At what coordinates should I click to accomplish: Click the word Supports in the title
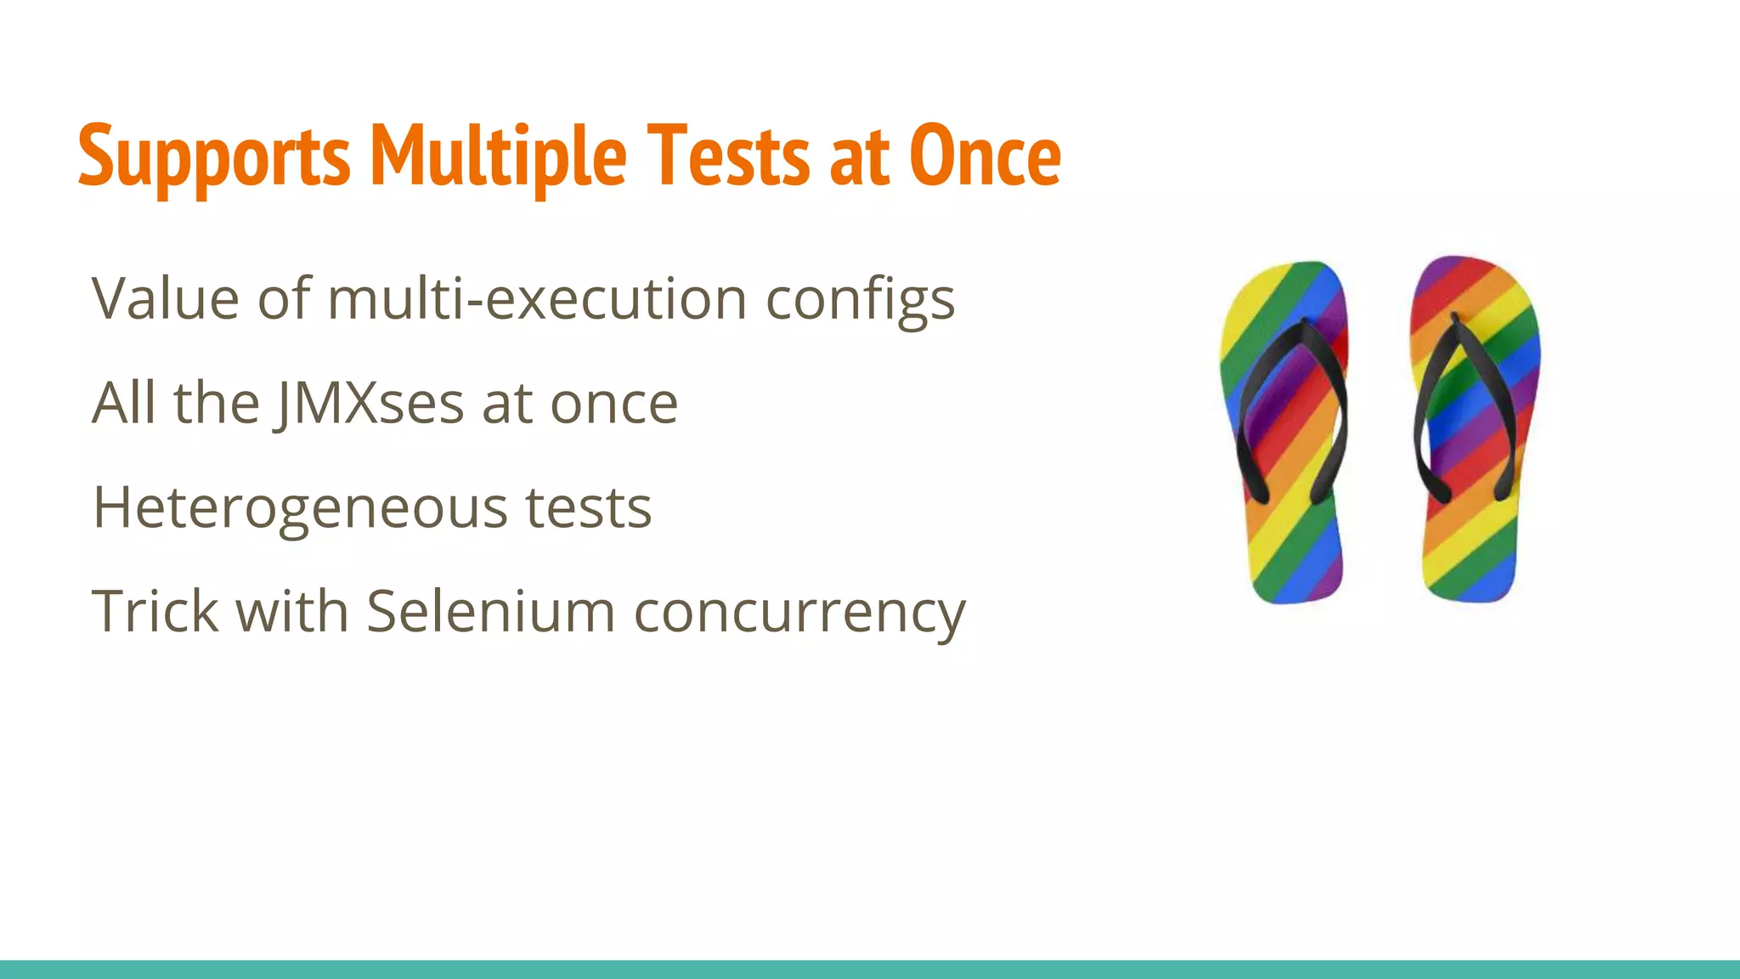[213, 157]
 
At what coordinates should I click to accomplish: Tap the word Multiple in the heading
[499, 157]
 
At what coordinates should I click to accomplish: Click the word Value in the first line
[166, 299]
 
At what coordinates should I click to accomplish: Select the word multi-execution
[537, 299]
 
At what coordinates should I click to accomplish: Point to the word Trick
[154, 611]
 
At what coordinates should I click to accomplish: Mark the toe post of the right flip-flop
[1455, 318]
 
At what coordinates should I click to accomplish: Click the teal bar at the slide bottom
[870, 969]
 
